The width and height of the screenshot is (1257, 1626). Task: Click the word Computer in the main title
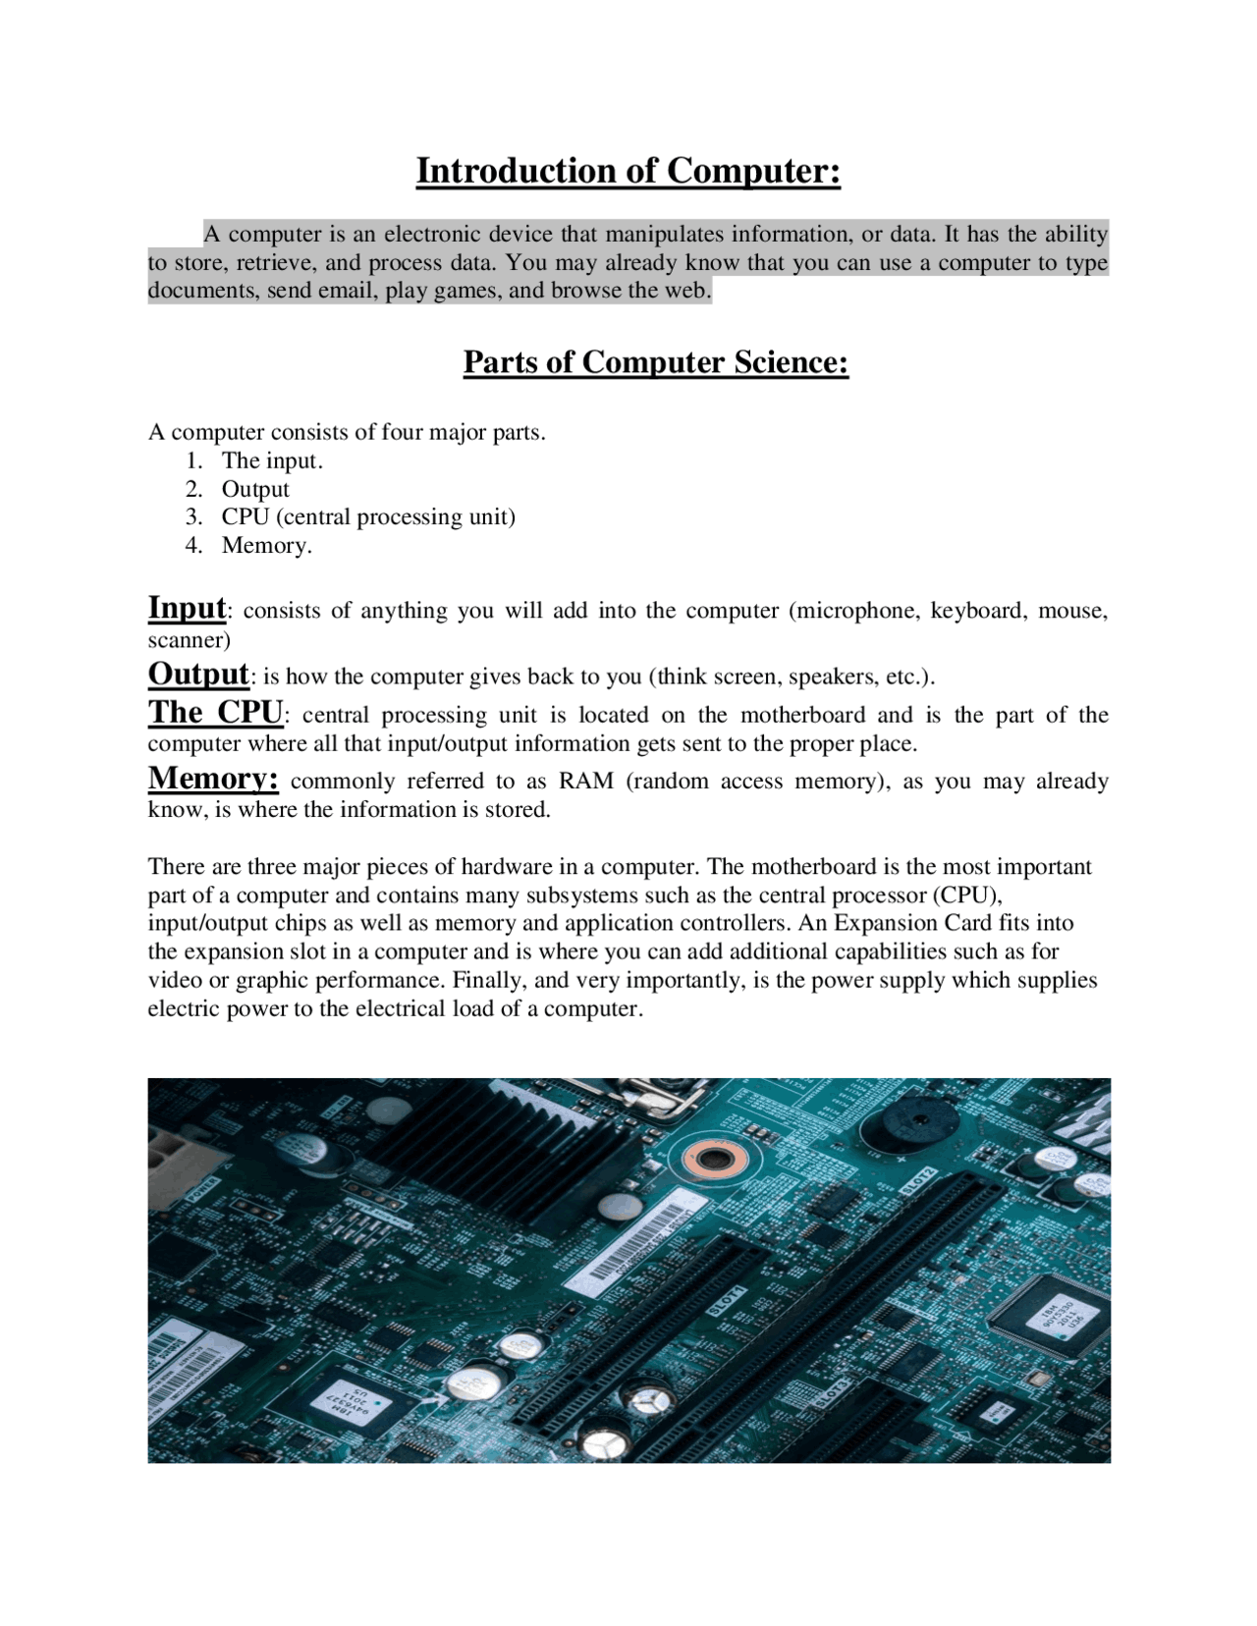[x=753, y=171]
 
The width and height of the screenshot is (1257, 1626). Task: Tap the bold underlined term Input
[x=187, y=608]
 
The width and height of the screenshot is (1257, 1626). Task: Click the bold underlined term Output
[x=198, y=674]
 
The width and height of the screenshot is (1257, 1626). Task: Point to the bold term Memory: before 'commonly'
[x=213, y=778]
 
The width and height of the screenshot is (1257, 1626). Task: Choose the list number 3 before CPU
[x=193, y=517]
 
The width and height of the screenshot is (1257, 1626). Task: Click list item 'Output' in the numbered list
[x=255, y=489]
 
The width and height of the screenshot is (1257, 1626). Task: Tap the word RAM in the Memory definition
[x=586, y=782]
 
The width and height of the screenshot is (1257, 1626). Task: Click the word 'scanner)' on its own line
[x=190, y=640]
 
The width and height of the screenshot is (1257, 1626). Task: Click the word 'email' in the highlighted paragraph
[x=347, y=292]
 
